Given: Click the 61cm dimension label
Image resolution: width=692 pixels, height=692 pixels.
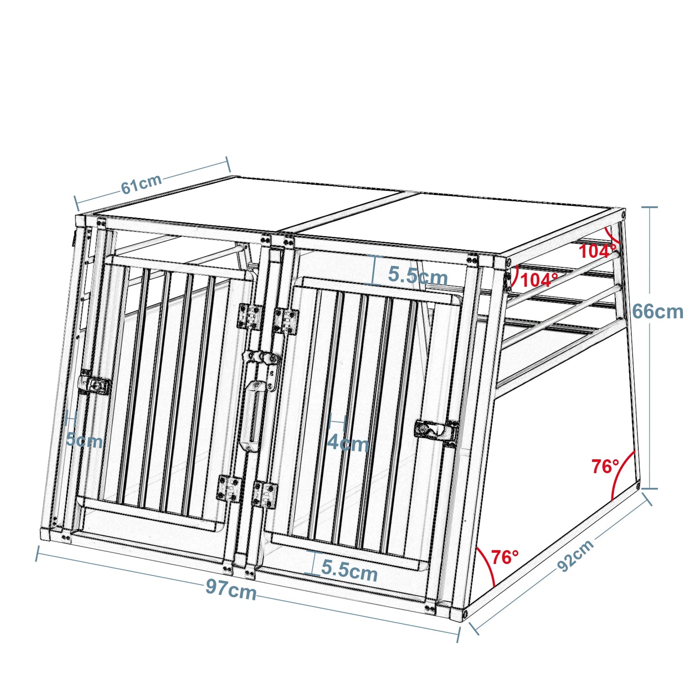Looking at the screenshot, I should click(x=141, y=184).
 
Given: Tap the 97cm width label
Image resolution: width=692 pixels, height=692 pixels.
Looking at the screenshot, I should click(x=231, y=589).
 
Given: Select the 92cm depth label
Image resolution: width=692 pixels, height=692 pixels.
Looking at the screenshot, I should click(x=576, y=555).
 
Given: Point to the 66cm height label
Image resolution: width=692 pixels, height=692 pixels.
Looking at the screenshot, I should click(x=658, y=312).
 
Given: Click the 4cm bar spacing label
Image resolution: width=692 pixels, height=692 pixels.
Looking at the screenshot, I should click(x=348, y=443).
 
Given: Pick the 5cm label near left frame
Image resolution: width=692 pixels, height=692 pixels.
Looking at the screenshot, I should click(x=84, y=440).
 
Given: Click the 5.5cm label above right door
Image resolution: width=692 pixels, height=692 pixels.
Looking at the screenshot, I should click(x=418, y=275).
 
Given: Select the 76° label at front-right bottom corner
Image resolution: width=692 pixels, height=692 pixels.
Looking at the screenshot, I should click(x=505, y=557).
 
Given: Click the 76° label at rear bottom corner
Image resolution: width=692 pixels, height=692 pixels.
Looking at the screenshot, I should click(x=605, y=466).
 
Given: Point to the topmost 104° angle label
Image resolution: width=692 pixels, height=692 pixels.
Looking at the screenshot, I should click(x=597, y=251).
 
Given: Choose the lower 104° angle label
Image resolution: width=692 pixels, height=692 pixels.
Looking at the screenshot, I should click(x=539, y=280).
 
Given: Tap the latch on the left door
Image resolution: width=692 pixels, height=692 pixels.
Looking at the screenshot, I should click(x=95, y=385).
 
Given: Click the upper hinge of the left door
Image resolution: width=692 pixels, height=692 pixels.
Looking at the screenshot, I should click(x=250, y=316).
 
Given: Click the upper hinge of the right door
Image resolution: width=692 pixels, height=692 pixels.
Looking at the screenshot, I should click(x=286, y=320).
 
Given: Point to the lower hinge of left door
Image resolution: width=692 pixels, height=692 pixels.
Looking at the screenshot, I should click(x=229, y=488).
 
